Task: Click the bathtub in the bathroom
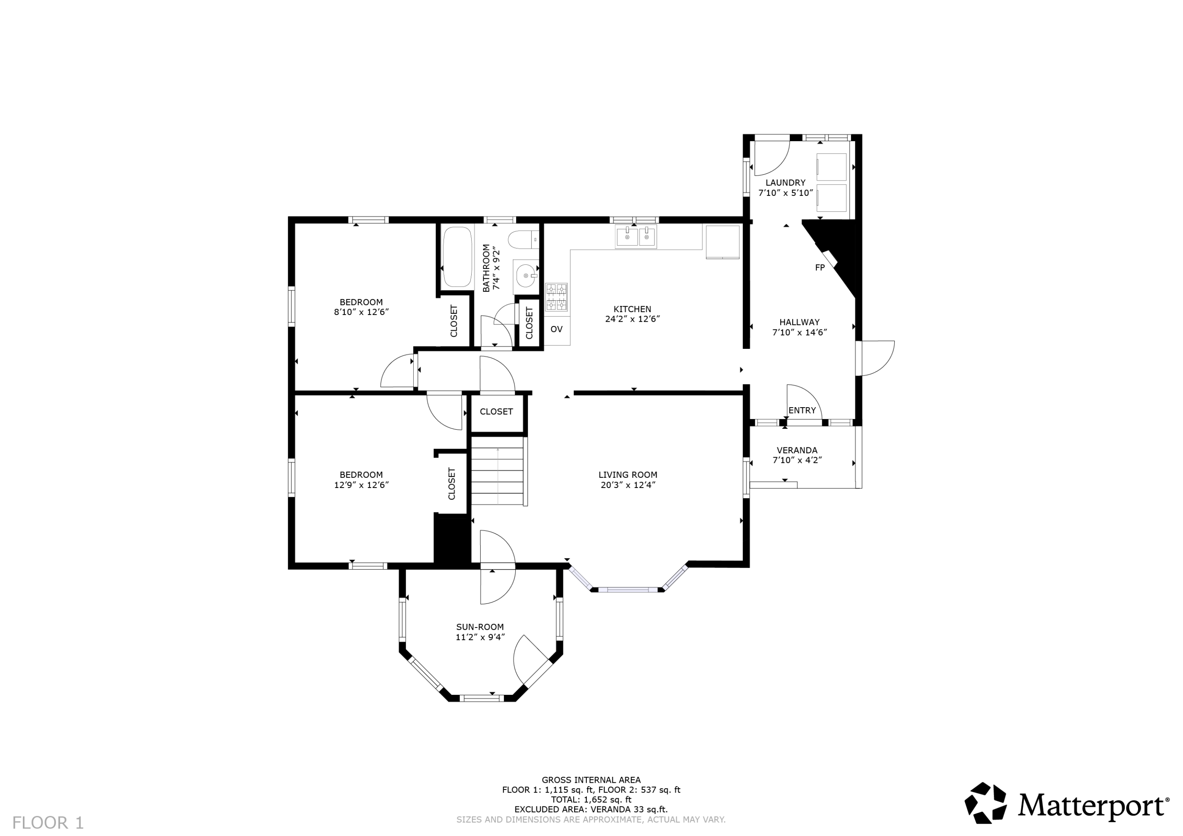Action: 457,257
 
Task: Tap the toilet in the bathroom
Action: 523,240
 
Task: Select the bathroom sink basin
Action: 526,276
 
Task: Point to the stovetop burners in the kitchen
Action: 556,297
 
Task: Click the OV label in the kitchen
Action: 556,329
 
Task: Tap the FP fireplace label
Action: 820,267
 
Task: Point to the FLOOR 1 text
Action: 48,823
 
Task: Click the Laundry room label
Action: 785,183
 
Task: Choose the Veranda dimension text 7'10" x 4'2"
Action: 797,460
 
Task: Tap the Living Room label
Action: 627,475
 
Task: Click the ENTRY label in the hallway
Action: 802,411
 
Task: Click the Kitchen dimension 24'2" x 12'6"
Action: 632,319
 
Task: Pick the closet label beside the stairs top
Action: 496,411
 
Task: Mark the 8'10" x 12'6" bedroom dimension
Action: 361,312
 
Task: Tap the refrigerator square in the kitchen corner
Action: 722,242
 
